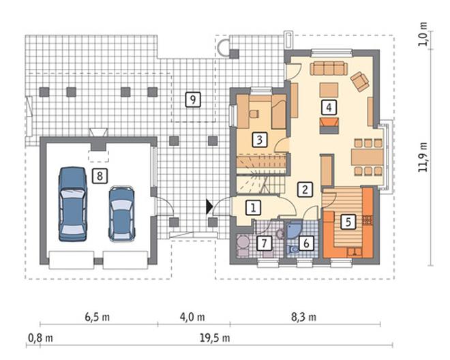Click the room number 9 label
[x=193, y=100]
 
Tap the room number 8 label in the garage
[x=100, y=176]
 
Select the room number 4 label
[x=329, y=107]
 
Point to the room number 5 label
[x=348, y=222]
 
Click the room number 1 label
[x=253, y=207]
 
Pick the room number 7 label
[x=264, y=243]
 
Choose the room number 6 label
[x=306, y=243]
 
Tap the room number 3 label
[x=260, y=140]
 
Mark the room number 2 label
[x=305, y=189]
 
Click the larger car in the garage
[x=72, y=204]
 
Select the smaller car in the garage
[x=121, y=213]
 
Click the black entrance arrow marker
[x=209, y=207]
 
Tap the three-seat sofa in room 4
[x=329, y=68]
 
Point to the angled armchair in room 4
[x=359, y=81]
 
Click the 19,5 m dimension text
[x=215, y=338]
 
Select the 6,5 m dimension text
[x=97, y=317]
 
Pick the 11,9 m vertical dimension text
[x=423, y=157]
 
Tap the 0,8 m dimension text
[x=40, y=338]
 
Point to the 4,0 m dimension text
[x=192, y=317]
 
